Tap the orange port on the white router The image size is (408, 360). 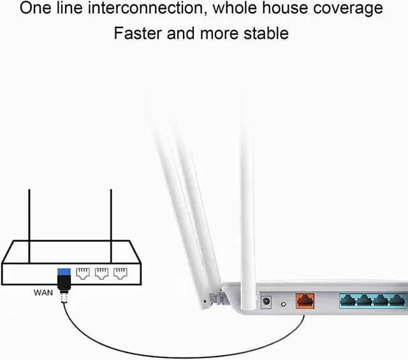pos(303,300)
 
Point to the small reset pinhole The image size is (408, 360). pos(283,305)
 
